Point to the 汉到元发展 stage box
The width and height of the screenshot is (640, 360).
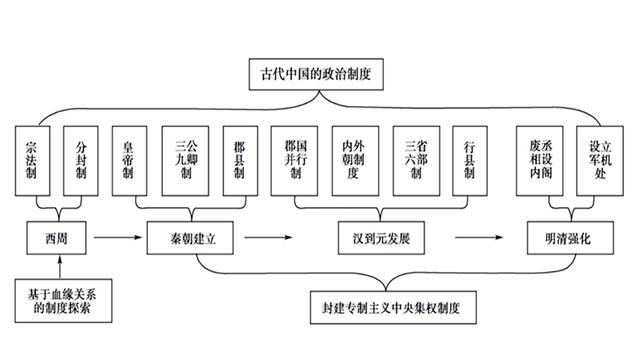(x=381, y=239)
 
